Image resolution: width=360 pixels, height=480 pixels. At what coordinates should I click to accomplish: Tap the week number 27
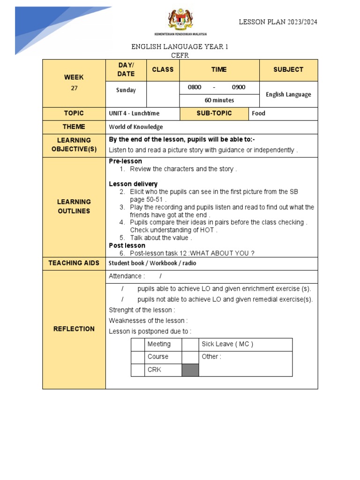[74, 88]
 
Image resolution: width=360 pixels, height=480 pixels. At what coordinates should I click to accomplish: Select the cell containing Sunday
[126, 90]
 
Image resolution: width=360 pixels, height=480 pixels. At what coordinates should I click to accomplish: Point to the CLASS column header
[163, 69]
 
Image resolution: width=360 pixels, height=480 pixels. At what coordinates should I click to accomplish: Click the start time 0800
[195, 87]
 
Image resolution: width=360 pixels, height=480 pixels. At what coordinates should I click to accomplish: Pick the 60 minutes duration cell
[219, 100]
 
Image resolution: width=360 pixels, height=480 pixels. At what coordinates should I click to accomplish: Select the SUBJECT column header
[288, 69]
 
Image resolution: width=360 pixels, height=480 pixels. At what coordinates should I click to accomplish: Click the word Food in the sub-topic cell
[258, 113]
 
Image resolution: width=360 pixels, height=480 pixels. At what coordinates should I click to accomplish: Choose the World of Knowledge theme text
[136, 127]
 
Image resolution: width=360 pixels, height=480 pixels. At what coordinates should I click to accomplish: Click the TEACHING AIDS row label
[74, 263]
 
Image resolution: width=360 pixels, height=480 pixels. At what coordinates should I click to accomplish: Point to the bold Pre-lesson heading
[125, 161]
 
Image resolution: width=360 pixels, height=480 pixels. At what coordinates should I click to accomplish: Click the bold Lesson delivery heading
[133, 184]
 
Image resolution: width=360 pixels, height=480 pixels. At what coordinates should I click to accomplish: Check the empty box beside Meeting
[138, 345]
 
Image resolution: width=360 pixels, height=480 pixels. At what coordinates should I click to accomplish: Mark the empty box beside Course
[138, 357]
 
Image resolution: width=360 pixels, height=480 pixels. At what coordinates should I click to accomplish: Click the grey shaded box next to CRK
[190, 370]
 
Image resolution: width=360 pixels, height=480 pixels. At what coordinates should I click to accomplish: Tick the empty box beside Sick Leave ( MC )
[190, 345]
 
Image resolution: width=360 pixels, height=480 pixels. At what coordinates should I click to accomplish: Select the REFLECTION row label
[74, 329]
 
